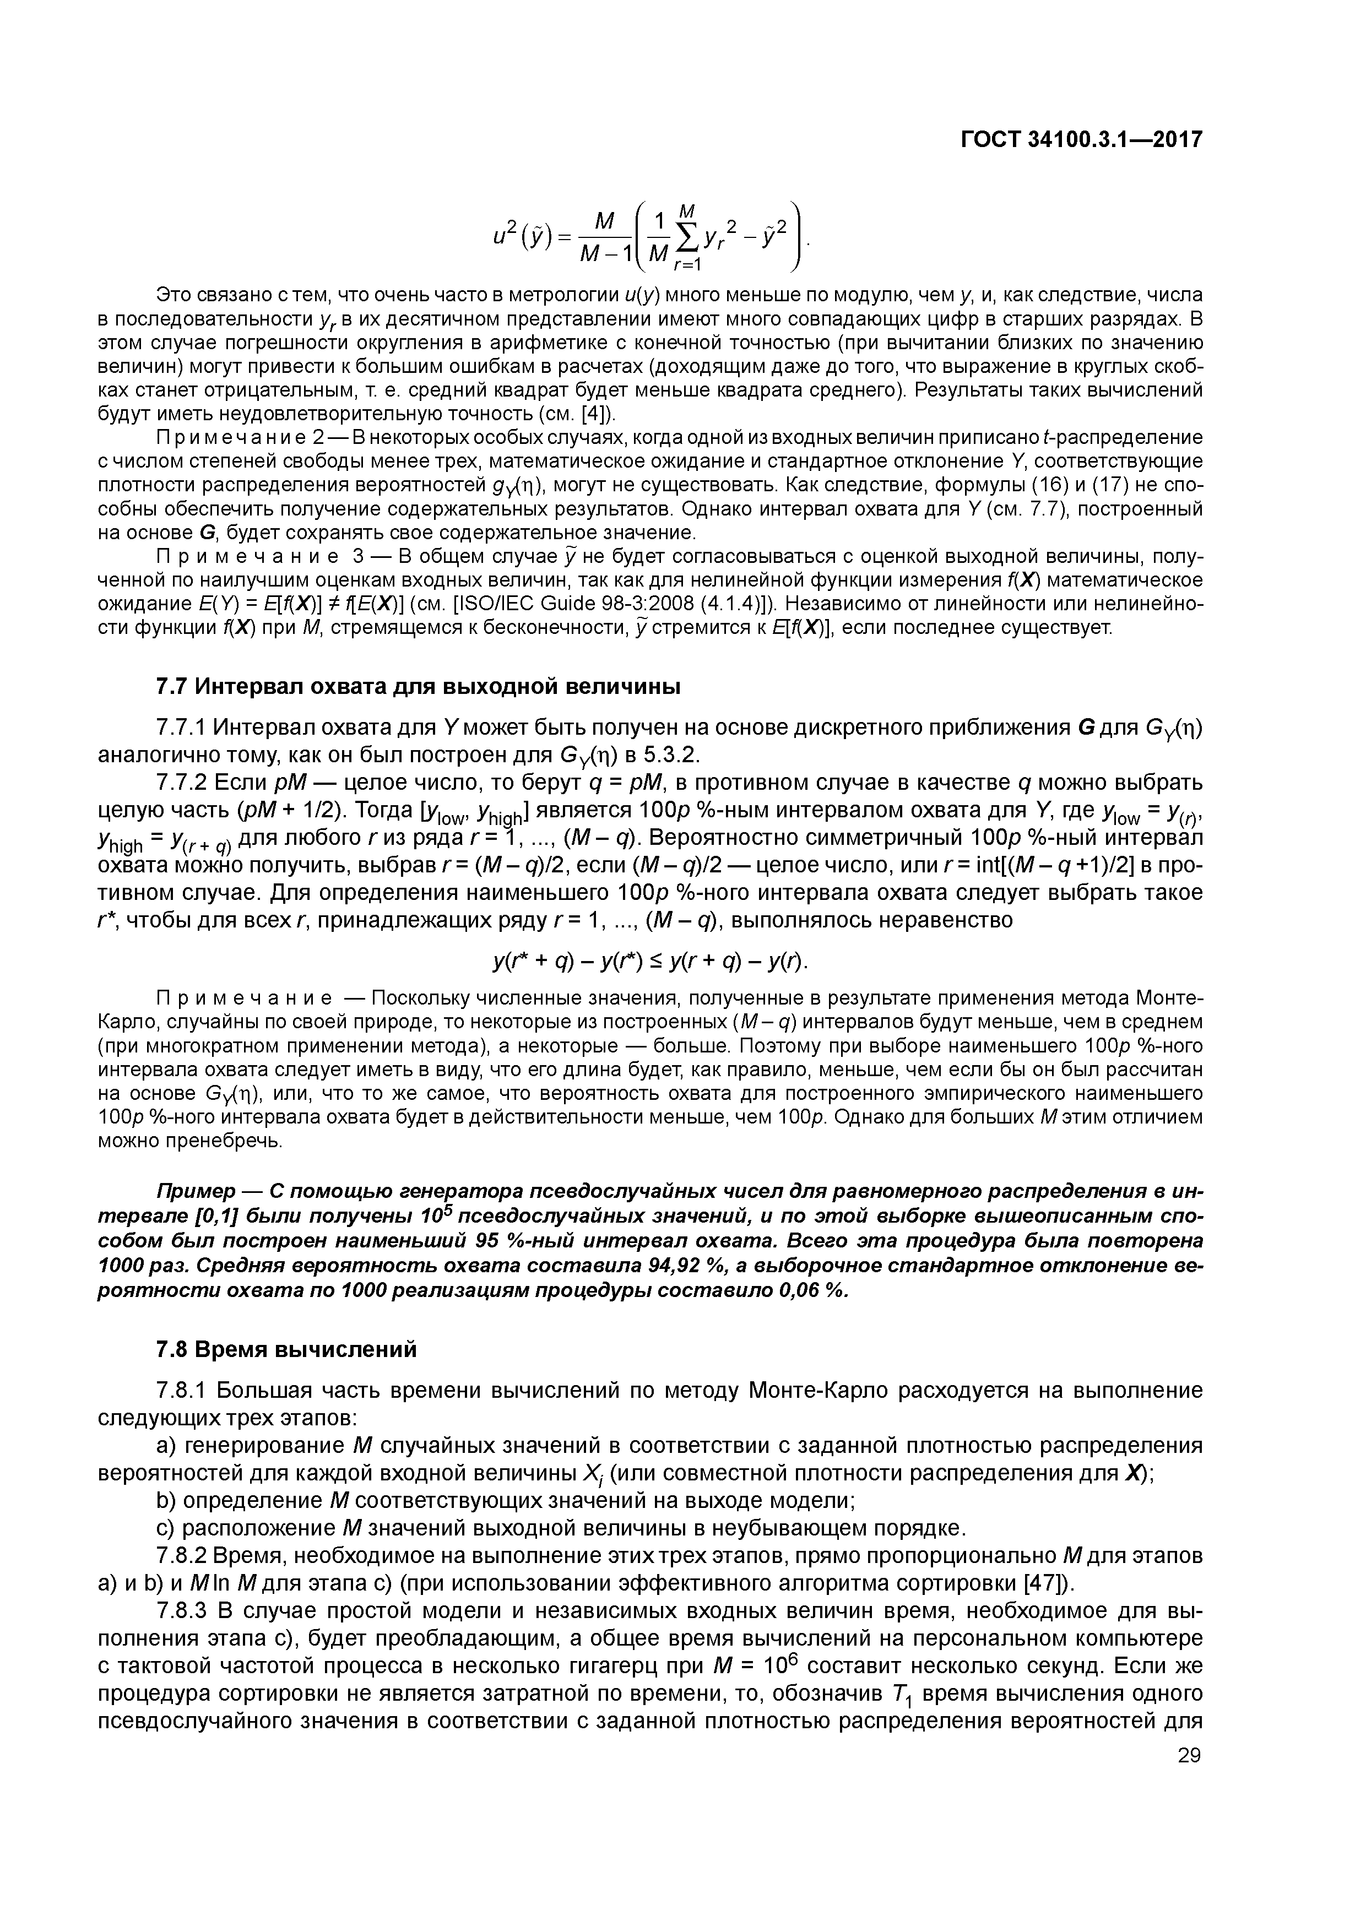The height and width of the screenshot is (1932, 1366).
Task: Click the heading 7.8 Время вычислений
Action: pos(286,1350)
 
